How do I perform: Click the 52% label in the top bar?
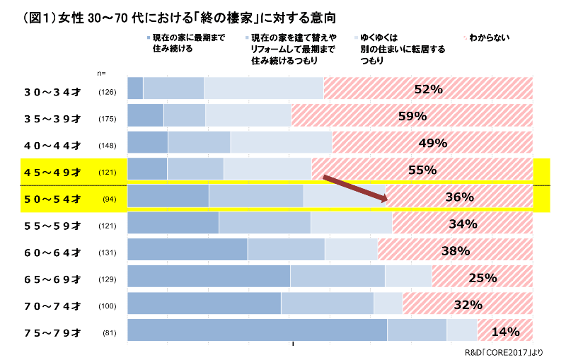(x=428, y=89)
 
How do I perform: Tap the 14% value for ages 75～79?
(x=505, y=332)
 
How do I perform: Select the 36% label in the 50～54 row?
(x=459, y=197)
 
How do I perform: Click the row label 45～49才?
(x=52, y=172)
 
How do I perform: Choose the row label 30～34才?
(x=52, y=91)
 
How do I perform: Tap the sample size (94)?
(x=109, y=199)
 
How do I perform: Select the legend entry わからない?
(x=489, y=37)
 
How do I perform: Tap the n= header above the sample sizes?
(x=101, y=73)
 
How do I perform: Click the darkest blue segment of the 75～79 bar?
(x=257, y=332)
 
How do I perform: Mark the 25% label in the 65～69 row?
(x=483, y=278)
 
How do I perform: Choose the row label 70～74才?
(x=52, y=306)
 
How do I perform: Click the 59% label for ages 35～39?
(x=412, y=116)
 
